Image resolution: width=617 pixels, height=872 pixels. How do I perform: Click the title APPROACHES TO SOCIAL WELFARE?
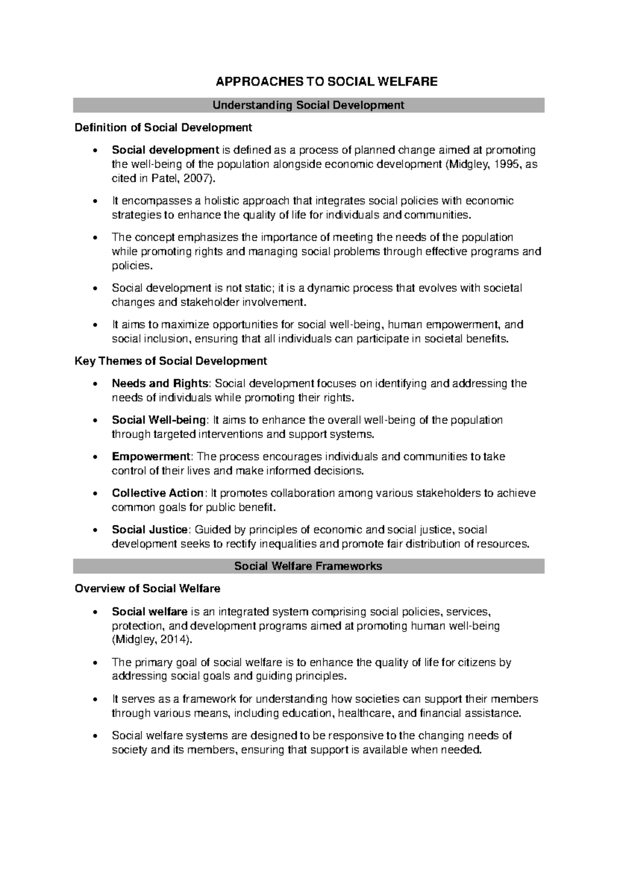(326, 81)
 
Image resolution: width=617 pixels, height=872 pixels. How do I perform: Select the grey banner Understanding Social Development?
(308, 105)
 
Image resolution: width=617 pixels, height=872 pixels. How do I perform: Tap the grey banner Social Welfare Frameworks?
(308, 566)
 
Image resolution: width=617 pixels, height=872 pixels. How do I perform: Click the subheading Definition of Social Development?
(164, 127)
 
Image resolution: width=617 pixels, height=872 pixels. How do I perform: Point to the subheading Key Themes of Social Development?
(171, 361)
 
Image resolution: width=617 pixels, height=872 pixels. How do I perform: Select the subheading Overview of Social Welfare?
(148, 588)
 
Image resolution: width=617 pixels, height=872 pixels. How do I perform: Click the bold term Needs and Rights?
(160, 384)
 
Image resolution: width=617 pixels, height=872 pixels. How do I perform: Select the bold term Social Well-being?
(158, 420)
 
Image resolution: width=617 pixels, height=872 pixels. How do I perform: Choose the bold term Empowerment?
(151, 457)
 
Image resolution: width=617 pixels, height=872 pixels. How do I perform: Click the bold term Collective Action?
(158, 493)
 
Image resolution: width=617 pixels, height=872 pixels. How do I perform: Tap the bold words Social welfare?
(149, 612)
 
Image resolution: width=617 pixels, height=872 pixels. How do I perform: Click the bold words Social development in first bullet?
(166, 150)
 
